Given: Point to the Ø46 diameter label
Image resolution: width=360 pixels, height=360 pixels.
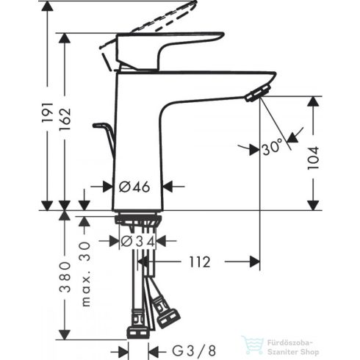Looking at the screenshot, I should pyautogui.click(x=134, y=187).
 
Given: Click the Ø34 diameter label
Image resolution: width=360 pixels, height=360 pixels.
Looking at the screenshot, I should pyautogui.click(x=137, y=240).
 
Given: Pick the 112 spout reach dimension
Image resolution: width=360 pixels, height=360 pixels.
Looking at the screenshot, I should pyautogui.click(x=198, y=262).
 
